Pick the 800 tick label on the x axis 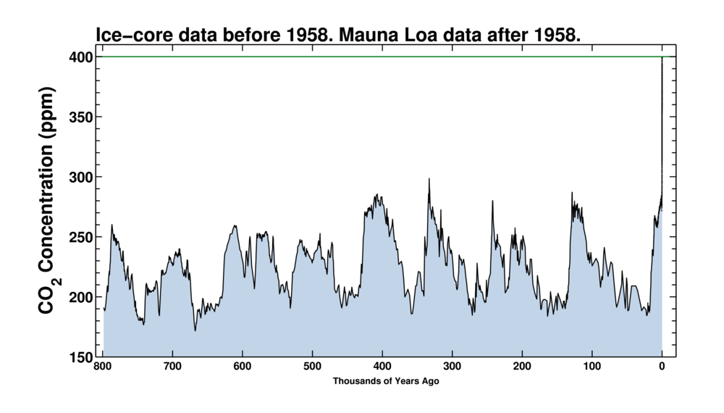pyautogui.click(x=104, y=367)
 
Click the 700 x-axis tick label pyautogui.click(x=173, y=367)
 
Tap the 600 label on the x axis pyautogui.click(x=243, y=367)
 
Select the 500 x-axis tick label pyautogui.click(x=313, y=367)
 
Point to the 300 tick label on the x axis pyautogui.click(x=452, y=367)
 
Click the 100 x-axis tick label pyautogui.click(x=592, y=367)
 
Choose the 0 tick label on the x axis pyautogui.click(x=662, y=367)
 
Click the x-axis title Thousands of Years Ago pyautogui.click(x=386, y=381)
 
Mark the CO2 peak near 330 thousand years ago pyautogui.click(x=429, y=179)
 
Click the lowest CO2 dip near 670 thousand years pyautogui.click(x=195, y=330)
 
